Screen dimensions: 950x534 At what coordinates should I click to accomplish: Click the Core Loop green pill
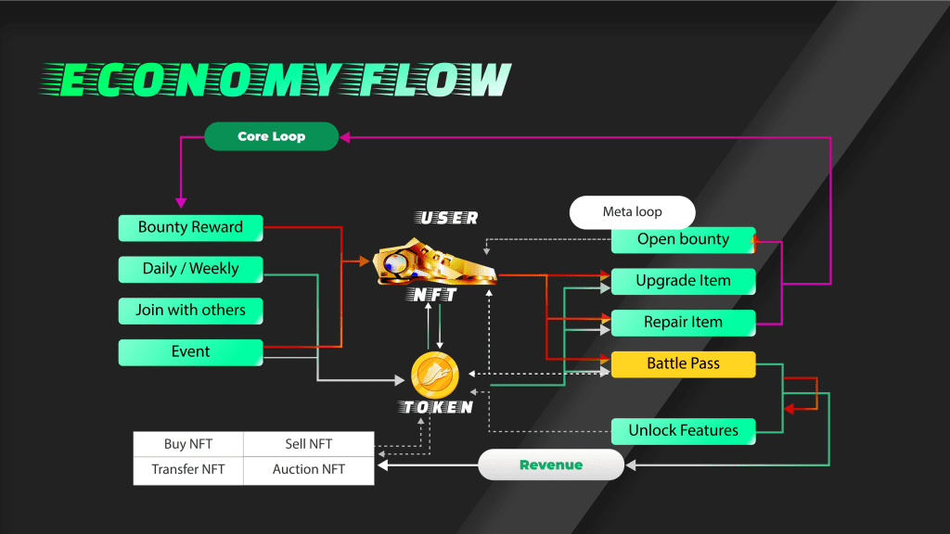272,136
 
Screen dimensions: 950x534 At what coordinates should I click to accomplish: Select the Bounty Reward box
190,228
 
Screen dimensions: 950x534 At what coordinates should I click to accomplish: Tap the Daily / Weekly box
190,269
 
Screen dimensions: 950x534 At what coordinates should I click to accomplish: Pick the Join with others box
190,311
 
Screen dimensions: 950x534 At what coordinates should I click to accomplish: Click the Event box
190,351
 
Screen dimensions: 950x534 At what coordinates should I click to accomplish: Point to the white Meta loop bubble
632,212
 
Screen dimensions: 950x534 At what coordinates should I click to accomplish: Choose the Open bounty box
683,240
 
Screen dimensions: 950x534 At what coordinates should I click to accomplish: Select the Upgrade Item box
683,281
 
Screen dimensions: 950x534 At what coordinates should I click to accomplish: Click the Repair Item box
683,322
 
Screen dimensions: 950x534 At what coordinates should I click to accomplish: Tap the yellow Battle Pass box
683,363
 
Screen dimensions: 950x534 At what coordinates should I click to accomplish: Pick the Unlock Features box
683,431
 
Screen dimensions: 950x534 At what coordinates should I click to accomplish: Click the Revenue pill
551,465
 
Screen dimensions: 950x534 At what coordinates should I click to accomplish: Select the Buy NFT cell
188,444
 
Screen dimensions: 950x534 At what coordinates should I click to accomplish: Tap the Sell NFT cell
308,444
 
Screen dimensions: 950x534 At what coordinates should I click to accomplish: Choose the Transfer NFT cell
188,470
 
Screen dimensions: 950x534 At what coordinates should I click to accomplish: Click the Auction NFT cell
308,470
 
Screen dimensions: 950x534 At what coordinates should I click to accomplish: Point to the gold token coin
435,375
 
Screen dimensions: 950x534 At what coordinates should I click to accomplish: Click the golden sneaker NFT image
434,261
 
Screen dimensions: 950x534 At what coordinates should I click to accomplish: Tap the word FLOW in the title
435,80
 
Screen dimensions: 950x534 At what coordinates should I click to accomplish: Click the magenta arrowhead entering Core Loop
344,137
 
